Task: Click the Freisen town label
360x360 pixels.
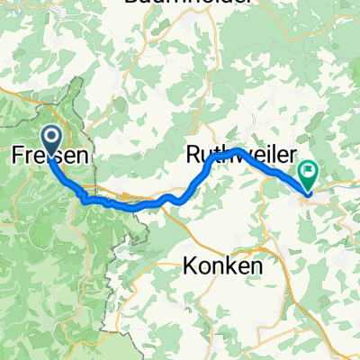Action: (50, 156)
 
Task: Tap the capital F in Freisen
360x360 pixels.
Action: (17, 156)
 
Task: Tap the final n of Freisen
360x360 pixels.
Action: (83, 156)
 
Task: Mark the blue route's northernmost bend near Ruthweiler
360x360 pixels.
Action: (236, 148)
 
